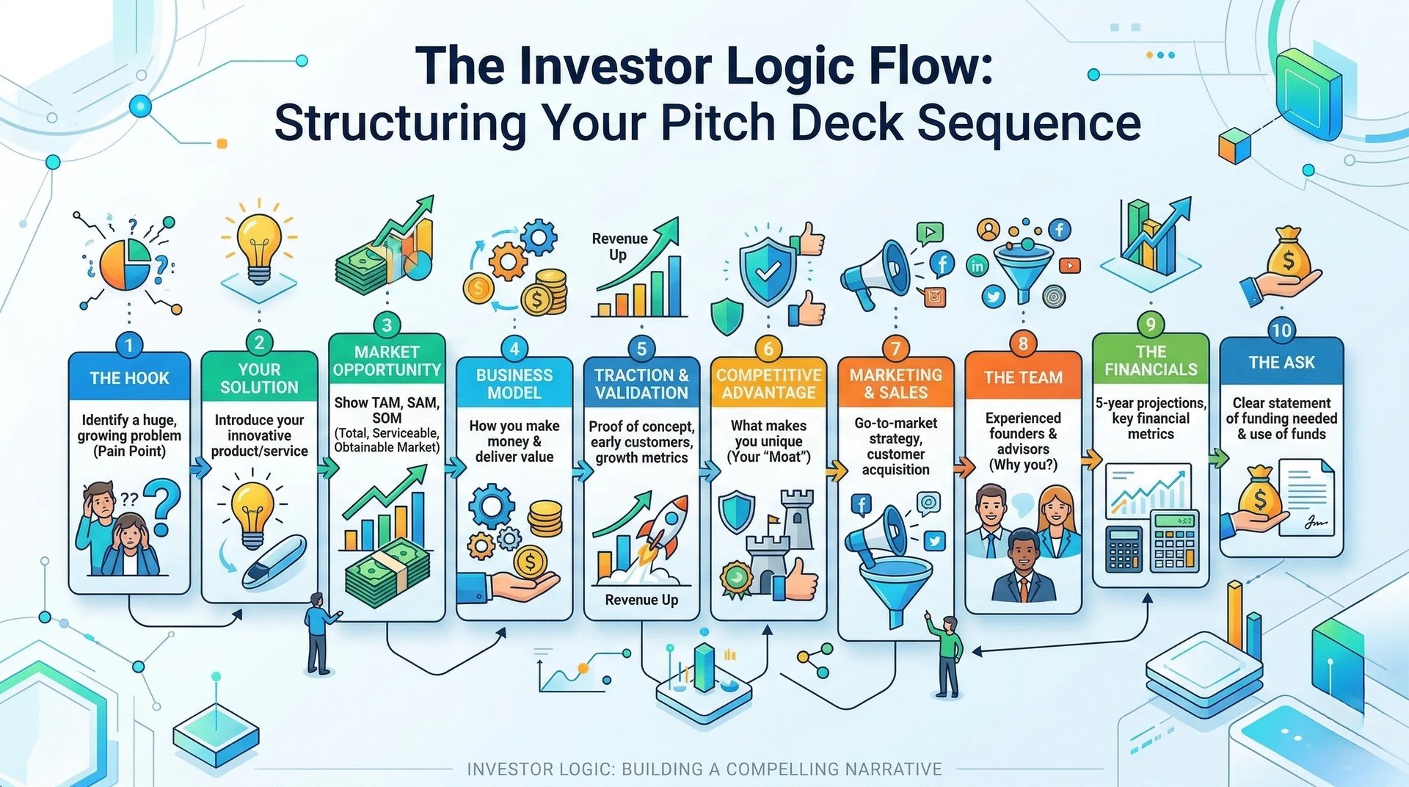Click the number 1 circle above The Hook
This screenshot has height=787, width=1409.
coord(129,345)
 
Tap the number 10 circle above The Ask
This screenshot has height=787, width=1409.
coord(1281,330)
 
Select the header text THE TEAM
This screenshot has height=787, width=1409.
coord(1023,377)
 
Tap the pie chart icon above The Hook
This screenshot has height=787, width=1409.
coord(125,264)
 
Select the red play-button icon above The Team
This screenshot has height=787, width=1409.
coord(1069,265)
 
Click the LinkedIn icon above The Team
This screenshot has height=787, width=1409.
coord(977,266)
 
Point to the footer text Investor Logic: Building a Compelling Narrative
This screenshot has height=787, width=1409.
coord(704,769)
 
